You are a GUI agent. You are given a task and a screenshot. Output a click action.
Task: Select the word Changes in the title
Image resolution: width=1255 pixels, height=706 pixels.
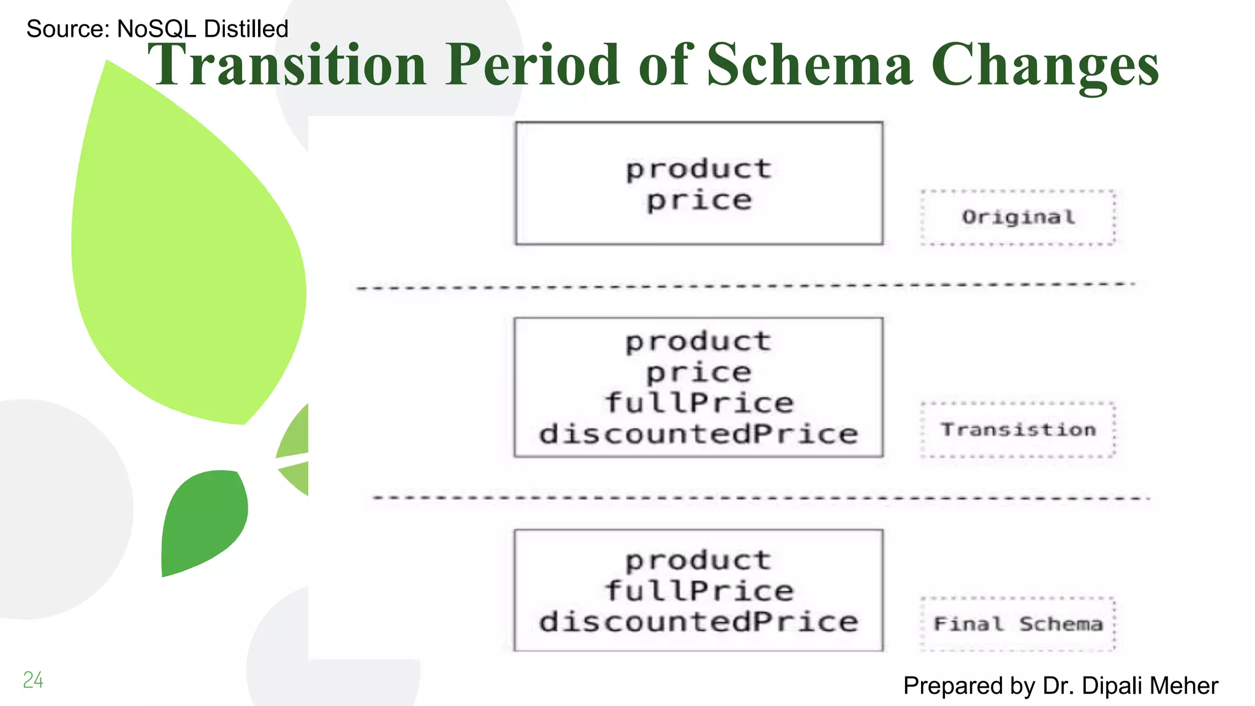[1045, 66]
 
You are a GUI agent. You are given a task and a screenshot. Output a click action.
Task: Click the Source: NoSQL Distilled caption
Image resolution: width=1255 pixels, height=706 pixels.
[157, 29]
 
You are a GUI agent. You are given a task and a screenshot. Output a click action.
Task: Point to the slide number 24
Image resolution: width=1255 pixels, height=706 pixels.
[33, 680]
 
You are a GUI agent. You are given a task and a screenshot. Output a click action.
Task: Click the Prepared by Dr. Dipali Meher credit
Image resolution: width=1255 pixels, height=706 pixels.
[1060, 686]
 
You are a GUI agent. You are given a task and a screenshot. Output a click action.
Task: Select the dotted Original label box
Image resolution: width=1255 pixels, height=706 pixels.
[1018, 218]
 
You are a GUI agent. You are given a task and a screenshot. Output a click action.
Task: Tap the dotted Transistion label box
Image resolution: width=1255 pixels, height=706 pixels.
[1018, 430]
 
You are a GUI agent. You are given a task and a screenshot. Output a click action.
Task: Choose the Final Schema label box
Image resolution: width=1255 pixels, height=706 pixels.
[1018, 624]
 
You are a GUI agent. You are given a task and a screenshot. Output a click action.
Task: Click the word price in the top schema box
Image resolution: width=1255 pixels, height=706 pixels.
[699, 201]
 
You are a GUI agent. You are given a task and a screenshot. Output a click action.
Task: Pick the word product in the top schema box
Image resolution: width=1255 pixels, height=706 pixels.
[699, 169]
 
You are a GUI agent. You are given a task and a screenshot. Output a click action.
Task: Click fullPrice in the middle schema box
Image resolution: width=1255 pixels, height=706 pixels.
[699, 403]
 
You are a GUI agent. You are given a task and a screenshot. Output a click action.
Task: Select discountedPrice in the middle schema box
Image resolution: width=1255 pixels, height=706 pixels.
[699, 435]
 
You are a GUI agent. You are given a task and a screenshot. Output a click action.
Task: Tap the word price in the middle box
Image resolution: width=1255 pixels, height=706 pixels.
[699, 373]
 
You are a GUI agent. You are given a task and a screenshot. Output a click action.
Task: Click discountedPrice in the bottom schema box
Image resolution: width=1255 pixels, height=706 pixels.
[699, 622]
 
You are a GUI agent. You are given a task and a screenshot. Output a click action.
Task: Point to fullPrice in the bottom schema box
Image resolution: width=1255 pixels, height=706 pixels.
[699, 591]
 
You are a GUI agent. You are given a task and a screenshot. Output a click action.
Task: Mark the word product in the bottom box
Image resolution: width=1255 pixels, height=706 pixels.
[699, 561]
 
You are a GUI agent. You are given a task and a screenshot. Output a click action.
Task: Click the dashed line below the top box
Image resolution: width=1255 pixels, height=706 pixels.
[745, 286]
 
